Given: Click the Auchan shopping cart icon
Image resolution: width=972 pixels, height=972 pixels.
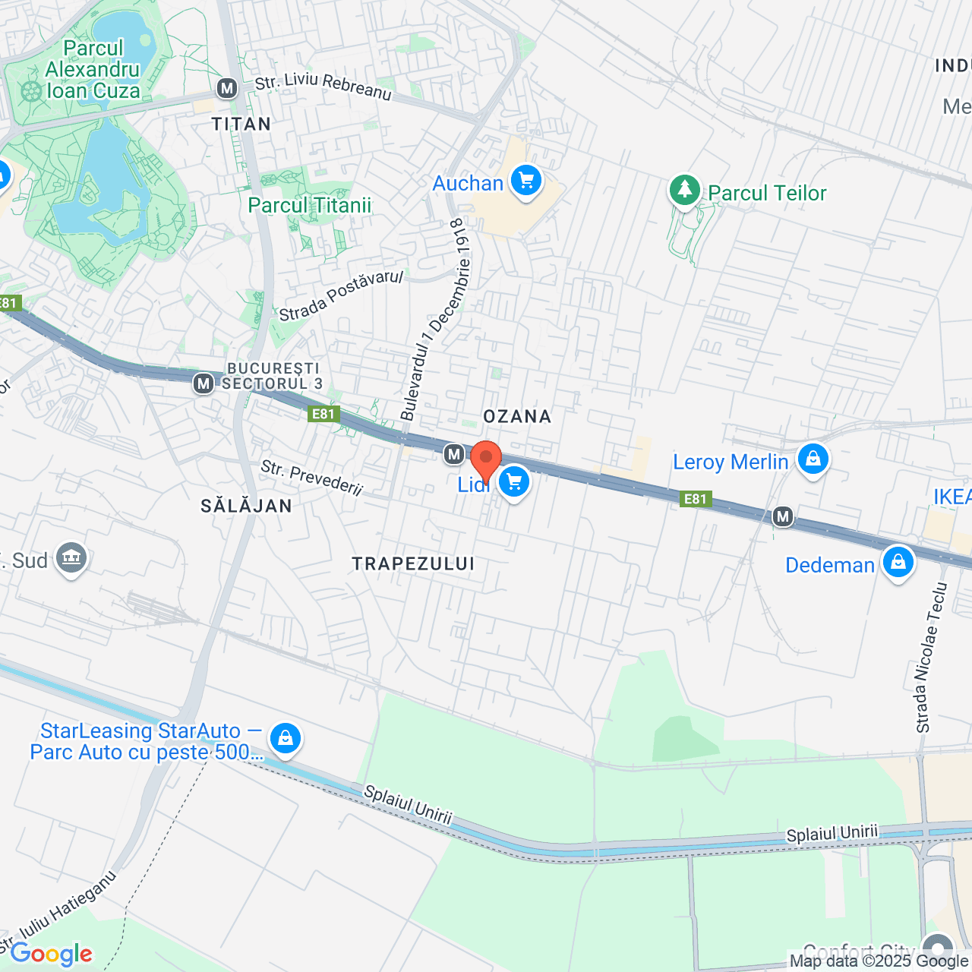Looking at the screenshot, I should pos(526,181).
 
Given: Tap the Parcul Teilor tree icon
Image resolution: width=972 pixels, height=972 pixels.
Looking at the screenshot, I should pos(684,190).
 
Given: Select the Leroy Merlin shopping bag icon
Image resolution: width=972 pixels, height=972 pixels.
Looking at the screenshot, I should pos(813,459).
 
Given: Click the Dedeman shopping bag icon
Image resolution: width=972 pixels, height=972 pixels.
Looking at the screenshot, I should pos(898,563).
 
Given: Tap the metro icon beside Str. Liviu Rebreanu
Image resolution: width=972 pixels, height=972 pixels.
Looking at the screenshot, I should pos(226,88).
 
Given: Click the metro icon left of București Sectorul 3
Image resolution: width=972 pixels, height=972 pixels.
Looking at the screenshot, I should pos(203,383).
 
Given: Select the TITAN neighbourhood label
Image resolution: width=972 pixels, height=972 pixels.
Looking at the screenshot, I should pos(241,124).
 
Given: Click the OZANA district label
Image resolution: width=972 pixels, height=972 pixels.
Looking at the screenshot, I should pos(517,416).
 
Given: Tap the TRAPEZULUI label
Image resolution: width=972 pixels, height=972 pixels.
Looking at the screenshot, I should pos(413,563).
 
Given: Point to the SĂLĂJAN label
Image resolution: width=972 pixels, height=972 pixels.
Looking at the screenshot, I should pos(246,506).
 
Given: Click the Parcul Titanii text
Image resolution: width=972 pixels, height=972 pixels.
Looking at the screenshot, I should pos(310,205).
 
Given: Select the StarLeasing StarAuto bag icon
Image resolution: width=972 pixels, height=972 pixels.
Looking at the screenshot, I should pos(286,737).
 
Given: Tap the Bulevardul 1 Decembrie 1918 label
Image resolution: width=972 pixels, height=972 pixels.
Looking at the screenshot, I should pos(436,319).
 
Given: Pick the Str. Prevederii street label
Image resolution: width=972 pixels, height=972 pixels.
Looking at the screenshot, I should pos(311,478).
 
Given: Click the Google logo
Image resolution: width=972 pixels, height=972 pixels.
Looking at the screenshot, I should pos(51,954).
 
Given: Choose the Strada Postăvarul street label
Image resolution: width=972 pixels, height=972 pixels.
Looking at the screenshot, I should pos(341,296).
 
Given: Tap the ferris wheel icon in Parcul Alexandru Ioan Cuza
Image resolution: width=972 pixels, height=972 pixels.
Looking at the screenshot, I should pos(31,92).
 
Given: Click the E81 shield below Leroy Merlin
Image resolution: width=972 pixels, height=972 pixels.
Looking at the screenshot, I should pos(695,499).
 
